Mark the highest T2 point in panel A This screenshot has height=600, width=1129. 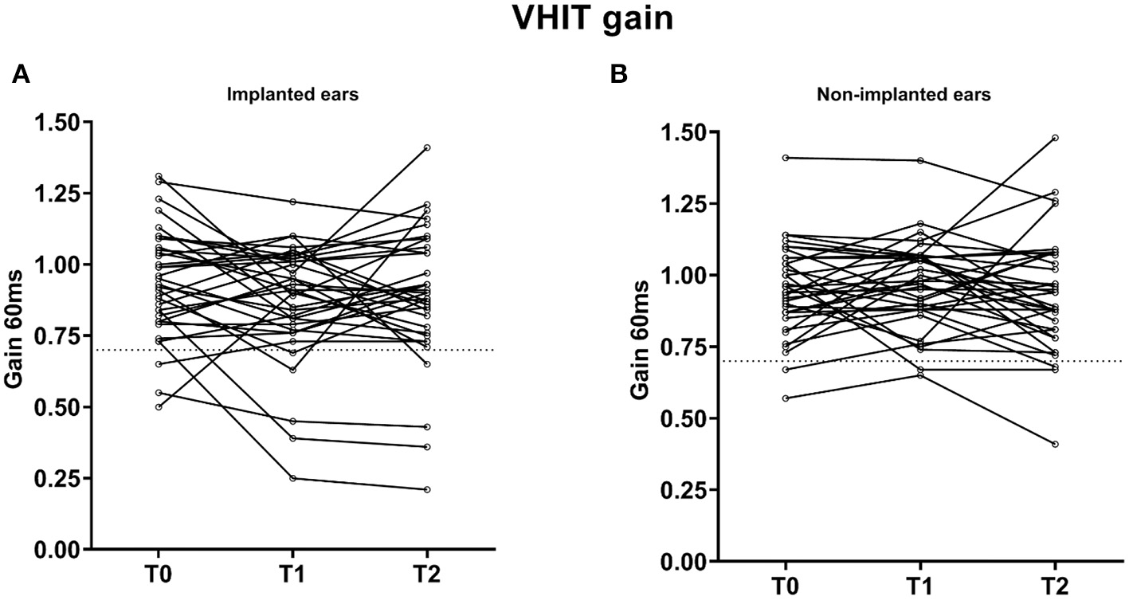[x=427, y=147]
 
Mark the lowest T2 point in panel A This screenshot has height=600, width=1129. [x=427, y=489]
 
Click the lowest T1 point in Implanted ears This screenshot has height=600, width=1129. [x=292, y=478]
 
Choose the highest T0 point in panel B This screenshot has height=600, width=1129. [x=786, y=158]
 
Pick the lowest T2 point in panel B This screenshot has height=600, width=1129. [x=1055, y=444]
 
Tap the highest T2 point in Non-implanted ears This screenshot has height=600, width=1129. [x=1055, y=138]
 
